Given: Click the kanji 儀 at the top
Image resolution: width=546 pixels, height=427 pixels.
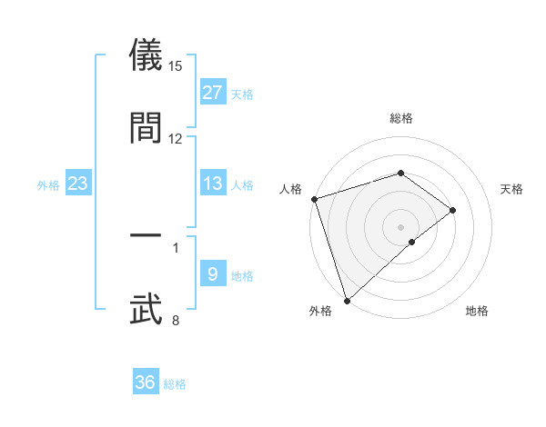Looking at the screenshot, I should click(146, 55).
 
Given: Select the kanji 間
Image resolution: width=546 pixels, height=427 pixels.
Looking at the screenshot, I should click(146, 127).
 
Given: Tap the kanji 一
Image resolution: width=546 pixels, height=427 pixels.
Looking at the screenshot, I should click(146, 237).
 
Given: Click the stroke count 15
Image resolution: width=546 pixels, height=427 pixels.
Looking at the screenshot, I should click(176, 66).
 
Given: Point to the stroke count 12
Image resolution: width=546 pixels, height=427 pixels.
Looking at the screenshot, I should click(176, 139).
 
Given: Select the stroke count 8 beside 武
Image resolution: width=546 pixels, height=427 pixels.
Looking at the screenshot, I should click(176, 320).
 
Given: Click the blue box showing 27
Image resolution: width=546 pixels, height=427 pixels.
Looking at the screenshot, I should click(212, 93).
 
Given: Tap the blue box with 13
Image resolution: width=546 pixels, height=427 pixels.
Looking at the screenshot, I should click(212, 184).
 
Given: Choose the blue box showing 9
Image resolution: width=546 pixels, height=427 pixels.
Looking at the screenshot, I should click(212, 274).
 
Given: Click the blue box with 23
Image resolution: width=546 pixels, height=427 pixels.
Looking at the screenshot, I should click(78, 184).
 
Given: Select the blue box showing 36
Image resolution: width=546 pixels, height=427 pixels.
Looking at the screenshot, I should click(146, 382).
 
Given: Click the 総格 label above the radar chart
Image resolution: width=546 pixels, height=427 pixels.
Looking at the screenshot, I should click(401, 118).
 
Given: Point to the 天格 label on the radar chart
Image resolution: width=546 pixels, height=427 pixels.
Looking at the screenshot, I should click(512, 189).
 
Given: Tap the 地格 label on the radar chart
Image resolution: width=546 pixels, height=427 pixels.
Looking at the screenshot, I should click(477, 311).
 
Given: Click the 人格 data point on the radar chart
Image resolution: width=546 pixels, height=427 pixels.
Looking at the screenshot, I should click(314, 199).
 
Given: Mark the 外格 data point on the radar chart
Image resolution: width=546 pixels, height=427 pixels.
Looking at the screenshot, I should click(347, 300).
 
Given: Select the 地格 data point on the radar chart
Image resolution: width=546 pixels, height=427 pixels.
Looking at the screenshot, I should click(412, 242).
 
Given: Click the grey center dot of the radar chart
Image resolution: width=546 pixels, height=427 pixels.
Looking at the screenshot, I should click(401, 226).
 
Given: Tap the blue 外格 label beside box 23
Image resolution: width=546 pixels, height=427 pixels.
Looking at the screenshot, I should click(47, 184).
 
